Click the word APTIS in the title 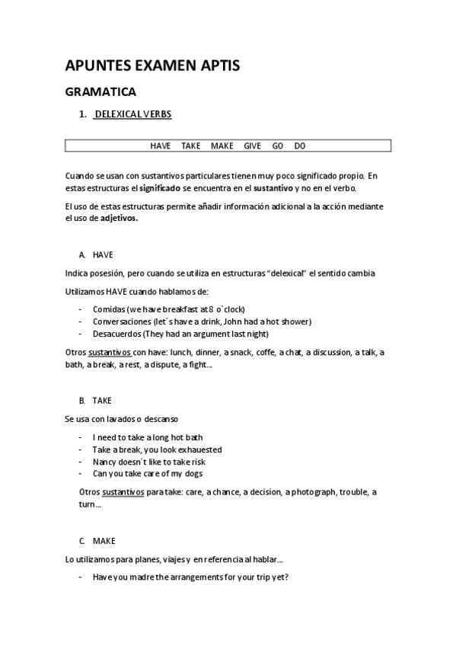(215, 66)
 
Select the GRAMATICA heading (100, 92)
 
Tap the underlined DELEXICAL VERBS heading (132, 115)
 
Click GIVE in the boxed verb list (252, 146)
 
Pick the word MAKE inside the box (222, 146)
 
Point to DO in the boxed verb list (299, 146)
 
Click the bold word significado (160, 187)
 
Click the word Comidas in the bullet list (109, 310)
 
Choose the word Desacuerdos (116, 334)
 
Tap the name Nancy (105, 462)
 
